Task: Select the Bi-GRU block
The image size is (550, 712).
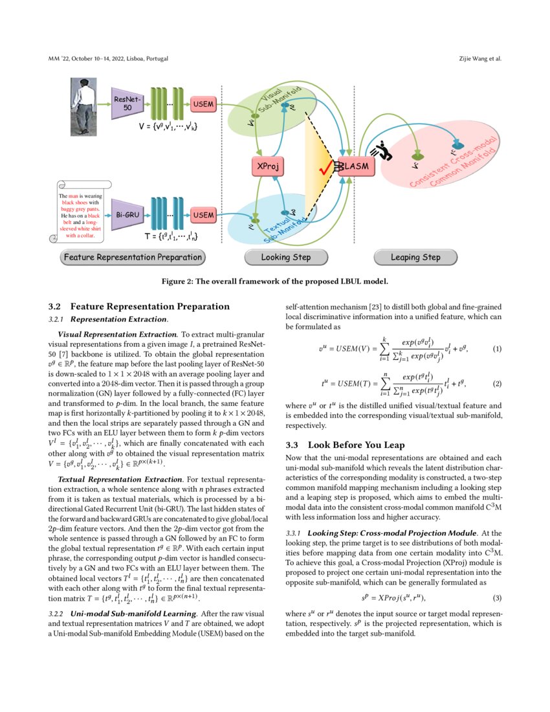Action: click(126, 214)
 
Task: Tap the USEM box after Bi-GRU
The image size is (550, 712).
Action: click(203, 214)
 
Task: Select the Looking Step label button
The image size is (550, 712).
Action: click(285, 258)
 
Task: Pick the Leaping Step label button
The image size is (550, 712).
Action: click(415, 258)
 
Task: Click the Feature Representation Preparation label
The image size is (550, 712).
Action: click(133, 258)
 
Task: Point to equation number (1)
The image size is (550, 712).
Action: click(497, 349)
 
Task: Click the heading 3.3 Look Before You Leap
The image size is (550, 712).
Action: click(347, 445)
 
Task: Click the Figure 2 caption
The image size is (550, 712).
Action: click(274, 282)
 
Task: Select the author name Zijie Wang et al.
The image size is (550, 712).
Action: click(479, 59)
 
